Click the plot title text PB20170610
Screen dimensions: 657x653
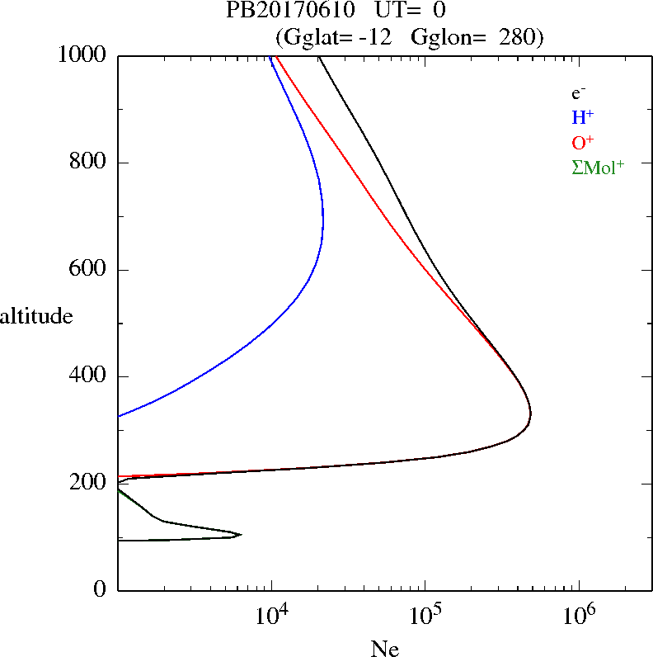(x=281, y=11)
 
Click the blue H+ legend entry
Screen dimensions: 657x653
(x=582, y=117)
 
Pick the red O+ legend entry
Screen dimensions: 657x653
(x=582, y=142)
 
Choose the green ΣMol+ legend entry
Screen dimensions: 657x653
(x=598, y=167)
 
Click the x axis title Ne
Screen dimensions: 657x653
(x=384, y=649)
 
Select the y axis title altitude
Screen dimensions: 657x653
(x=36, y=316)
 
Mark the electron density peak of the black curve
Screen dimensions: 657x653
(x=531, y=413)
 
